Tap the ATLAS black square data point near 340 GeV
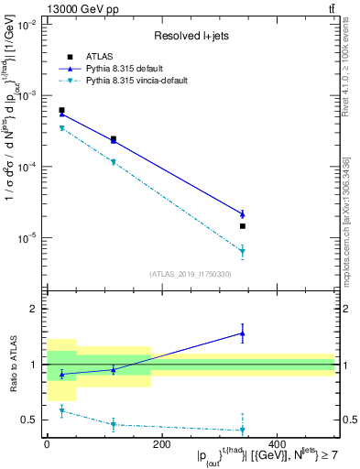pos(243,225)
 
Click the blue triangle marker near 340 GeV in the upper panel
pos(243,213)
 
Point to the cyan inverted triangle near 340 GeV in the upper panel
pos(243,251)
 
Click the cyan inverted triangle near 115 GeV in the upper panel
pos(114,162)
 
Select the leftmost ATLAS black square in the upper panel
pos(61,110)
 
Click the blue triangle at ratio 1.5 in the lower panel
pos(243,333)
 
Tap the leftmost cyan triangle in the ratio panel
pos(61,411)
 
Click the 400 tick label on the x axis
pos(277,443)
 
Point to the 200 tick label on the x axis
pos(161,443)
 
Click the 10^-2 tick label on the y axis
pos(26,25)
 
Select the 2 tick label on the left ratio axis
pos(33,309)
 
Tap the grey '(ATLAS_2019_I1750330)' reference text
pos(191,273)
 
